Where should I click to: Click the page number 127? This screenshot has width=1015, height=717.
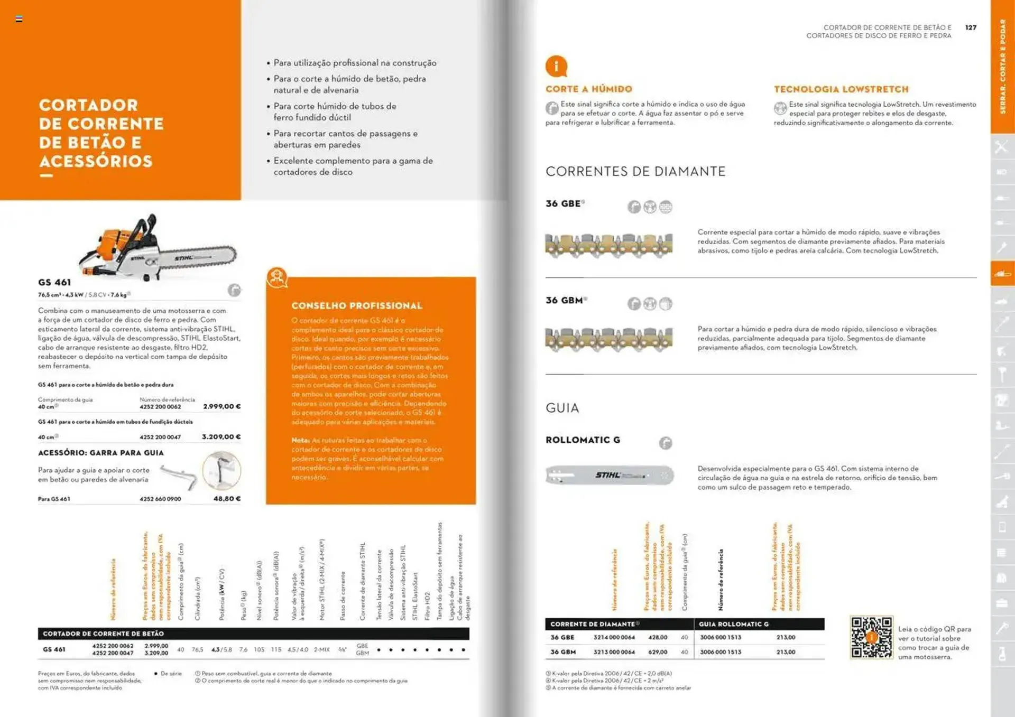pyautogui.click(x=971, y=27)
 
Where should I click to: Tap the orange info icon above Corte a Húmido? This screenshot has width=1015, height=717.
pyautogui.click(x=556, y=67)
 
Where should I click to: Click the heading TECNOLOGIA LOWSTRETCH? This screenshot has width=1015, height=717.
pyautogui.click(x=841, y=89)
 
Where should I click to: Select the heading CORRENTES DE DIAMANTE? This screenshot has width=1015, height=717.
pyautogui.click(x=635, y=171)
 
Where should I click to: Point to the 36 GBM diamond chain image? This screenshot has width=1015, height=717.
pyautogui.click(x=608, y=340)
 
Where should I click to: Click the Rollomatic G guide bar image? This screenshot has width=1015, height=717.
pyautogui.click(x=610, y=475)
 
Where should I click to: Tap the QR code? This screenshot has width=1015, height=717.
pyautogui.click(x=871, y=637)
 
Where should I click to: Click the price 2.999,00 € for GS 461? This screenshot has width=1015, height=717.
pyautogui.click(x=222, y=406)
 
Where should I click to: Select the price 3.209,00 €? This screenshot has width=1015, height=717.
pyautogui.click(x=221, y=437)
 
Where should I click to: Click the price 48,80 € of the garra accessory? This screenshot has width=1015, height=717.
pyautogui.click(x=227, y=499)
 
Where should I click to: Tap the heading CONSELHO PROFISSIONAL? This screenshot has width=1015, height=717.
pyautogui.click(x=357, y=306)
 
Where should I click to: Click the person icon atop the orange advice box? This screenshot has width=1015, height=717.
pyautogui.click(x=277, y=277)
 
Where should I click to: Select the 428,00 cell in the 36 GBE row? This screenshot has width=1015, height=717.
pyautogui.click(x=658, y=638)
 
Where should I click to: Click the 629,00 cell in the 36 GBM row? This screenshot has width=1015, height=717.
pyautogui.click(x=658, y=652)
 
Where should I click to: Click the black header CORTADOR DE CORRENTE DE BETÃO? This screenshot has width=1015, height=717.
pyautogui.click(x=104, y=634)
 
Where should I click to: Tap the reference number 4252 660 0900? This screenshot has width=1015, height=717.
pyautogui.click(x=160, y=499)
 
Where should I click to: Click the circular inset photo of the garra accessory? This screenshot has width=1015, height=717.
pyautogui.click(x=222, y=470)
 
